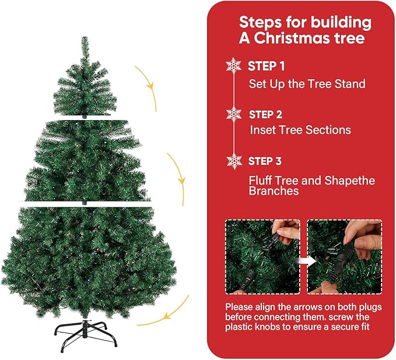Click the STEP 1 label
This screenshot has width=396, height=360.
pyautogui.click(x=267, y=66)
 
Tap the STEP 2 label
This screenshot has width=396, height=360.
pyautogui.click(x=266, y=114)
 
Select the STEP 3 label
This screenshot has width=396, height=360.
pyautogui.click(x=266, y=161)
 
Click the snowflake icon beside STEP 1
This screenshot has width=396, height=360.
pyautogui.click(x=233, y=65)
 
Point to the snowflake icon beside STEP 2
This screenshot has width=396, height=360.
pyautogui.click(x=233, y=114)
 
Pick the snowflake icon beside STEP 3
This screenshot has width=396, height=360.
pyautogui.click(x=234, y=161)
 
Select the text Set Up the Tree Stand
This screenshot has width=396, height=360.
pyautogui.click(x=307, y=84)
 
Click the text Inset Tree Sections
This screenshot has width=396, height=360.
pyautogui.click(x=300, y=130)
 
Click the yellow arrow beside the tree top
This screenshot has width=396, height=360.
pyautogui.click(x=148, y=87)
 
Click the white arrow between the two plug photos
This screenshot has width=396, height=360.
pyautogui.click(x=303, y=260)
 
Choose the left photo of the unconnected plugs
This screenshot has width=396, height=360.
pyautogui.click(x=262, y=256)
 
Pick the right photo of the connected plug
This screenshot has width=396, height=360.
pyautogui.click(x=344, y=256)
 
